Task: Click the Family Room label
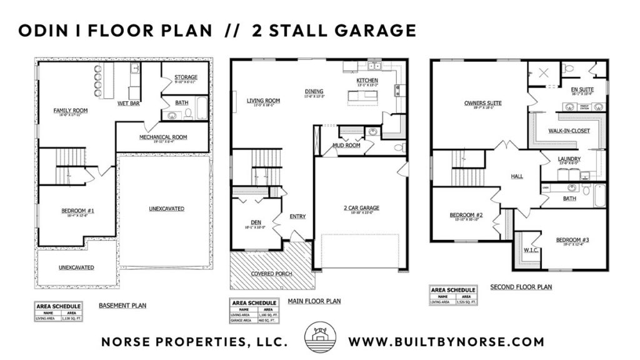pos(70,110)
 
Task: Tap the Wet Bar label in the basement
pos(128,103)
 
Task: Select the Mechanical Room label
pos(163,137)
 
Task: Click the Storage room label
pos(186,77)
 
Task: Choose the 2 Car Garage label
pos(361,208)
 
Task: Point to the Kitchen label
pos(367,81)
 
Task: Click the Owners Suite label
pos(483,103)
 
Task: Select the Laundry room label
pos(569,159)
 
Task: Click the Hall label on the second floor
pos(517,176)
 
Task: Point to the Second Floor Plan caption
pos(521,287)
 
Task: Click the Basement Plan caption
pos(122,306)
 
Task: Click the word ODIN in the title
pos(41,30)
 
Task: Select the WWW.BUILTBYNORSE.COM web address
pos(446,342)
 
